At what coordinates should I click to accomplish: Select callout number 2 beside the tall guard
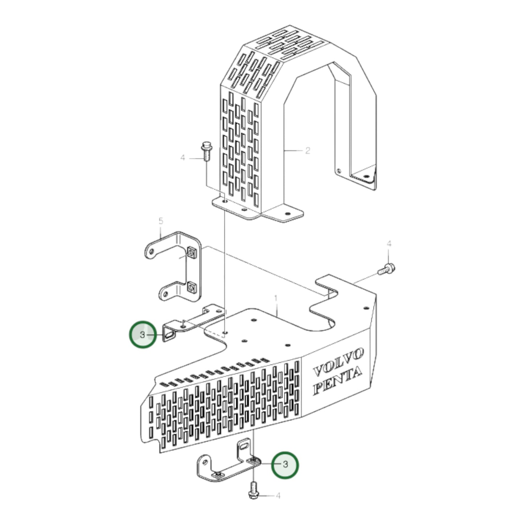tap(308, 150)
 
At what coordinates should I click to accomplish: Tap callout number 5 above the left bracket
tap(161, 221)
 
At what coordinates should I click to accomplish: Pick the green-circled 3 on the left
tap(143, 334)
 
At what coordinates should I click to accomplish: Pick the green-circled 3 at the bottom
tap(285, 465)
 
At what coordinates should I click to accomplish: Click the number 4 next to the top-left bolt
tap(183, 158)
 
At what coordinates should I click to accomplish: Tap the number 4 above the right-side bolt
tap(389, 243)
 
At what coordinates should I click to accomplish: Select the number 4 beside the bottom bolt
tap(278, 495)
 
